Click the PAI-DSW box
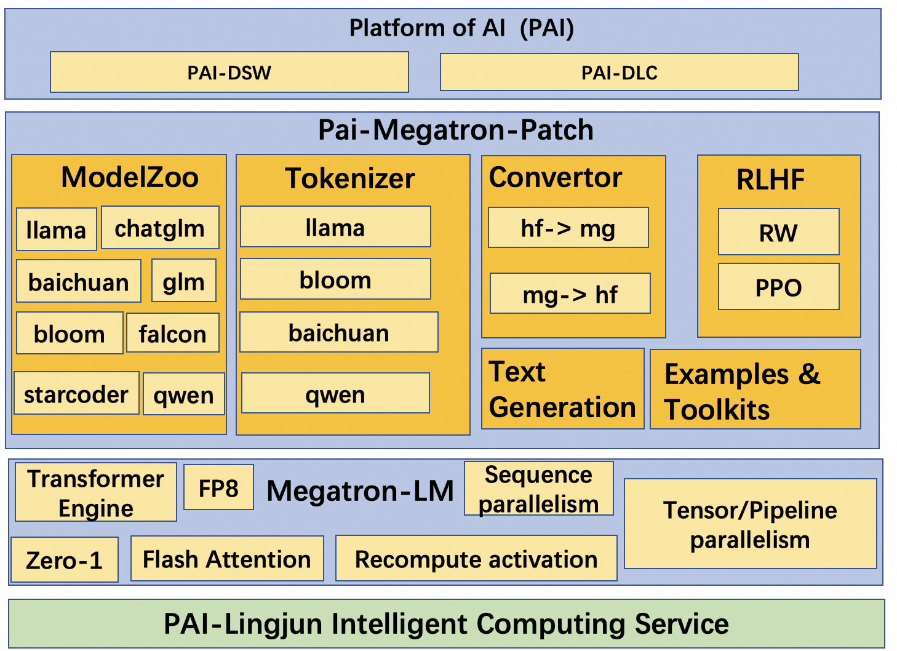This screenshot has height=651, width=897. [x=229, y=73]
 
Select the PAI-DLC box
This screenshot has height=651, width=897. [x=619, y=73]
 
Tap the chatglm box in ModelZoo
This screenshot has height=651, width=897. [x=160, y=228]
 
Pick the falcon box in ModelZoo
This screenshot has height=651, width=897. [x=172, y=333]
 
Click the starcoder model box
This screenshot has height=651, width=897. [x=76, y=394]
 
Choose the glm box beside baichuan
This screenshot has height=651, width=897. [x=183, y=281]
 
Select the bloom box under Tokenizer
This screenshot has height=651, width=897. [x=335, y=279]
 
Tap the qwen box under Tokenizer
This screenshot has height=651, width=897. [x=335, y=394]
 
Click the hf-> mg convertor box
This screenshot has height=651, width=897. [x=568, y=228]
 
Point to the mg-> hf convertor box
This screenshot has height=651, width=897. [x=570, y=294]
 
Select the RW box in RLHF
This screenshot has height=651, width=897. [x=778, y=232]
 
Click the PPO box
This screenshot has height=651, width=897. [x=778, y=287]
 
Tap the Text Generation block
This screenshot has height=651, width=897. [x=562, y=389]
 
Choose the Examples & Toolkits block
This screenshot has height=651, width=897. [x=755, y=390]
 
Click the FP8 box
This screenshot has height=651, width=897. [x=218, y=487]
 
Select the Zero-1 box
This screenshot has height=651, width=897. [x=64, y=560]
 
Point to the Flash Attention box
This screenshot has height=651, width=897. [x=227, y=559]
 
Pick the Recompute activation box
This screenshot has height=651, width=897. [x=476, y=559]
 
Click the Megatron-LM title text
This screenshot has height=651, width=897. [x=360, y=490]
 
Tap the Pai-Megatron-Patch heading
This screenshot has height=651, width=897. [x=455, y=130]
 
